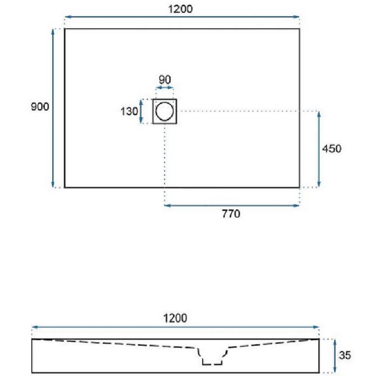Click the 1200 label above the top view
(180, 9)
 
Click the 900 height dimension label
(40, 107)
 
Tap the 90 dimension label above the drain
(165, 79)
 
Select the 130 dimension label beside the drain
(129, 111)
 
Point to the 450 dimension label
(332, 148)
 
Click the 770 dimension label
(231, 214)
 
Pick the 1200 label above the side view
(175, 318)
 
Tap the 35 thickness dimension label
(345, 355)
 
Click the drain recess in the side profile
(212, 356)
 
